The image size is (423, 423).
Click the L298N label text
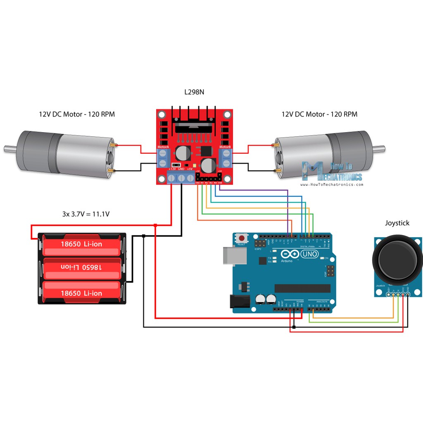[194, 92]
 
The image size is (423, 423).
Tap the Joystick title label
[397, 223]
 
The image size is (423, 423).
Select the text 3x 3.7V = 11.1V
[86, 214]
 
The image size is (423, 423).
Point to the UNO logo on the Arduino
[310, 254]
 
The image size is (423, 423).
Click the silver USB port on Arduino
[232, 256]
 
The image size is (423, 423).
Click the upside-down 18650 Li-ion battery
[81, 268]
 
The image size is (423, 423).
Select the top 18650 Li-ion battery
[81, 244]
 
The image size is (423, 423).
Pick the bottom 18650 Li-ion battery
[81, 293]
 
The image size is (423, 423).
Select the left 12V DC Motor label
[77, 114]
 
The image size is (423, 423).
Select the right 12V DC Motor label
[319, 114]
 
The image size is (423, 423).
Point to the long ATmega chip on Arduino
[302, 288]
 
